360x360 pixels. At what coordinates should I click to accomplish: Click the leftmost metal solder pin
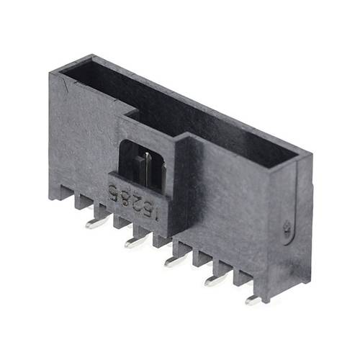[x=96, y=222]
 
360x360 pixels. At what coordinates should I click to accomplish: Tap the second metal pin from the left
[x=135, y=241]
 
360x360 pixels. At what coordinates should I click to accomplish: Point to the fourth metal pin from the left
[x=215, y=279]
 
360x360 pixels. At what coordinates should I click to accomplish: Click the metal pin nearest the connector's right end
[x=253, y=300]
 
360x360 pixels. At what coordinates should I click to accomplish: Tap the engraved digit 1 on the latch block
[x=148, y=211]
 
